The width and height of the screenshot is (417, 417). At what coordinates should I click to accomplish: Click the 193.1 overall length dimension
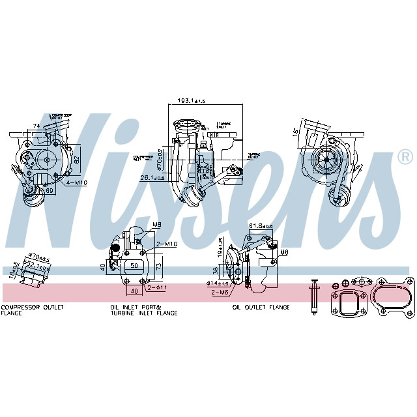pos(191,101)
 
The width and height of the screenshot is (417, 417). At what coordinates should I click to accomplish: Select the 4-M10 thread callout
pos(76,183)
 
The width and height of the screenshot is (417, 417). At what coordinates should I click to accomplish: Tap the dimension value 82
pos(78,159)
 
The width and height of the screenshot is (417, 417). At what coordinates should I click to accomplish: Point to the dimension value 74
pos(37,126)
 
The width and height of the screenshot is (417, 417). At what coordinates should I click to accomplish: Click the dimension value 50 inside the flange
pos(134,266)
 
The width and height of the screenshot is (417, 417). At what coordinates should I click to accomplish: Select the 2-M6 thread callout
pos(220,293)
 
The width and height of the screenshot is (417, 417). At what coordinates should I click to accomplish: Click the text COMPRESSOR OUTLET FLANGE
pos(33,309)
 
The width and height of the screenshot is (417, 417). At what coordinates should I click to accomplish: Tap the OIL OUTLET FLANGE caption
pos(261,307)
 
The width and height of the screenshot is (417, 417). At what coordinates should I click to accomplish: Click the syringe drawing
pos(313,296)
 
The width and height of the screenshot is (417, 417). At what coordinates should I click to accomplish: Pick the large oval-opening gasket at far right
pos(394,297)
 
